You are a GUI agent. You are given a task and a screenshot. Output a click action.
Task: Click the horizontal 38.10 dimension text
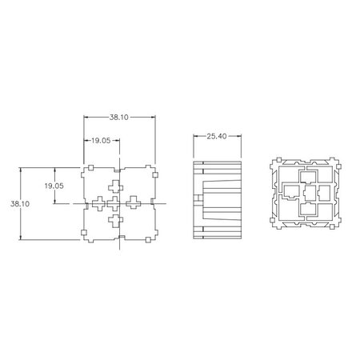click(118, 117)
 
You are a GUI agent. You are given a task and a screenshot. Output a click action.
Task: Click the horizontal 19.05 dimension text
click(100, 141)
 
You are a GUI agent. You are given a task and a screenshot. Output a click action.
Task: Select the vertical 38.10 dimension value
click(19, 205)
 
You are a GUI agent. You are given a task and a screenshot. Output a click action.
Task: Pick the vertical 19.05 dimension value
click(53, 185)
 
